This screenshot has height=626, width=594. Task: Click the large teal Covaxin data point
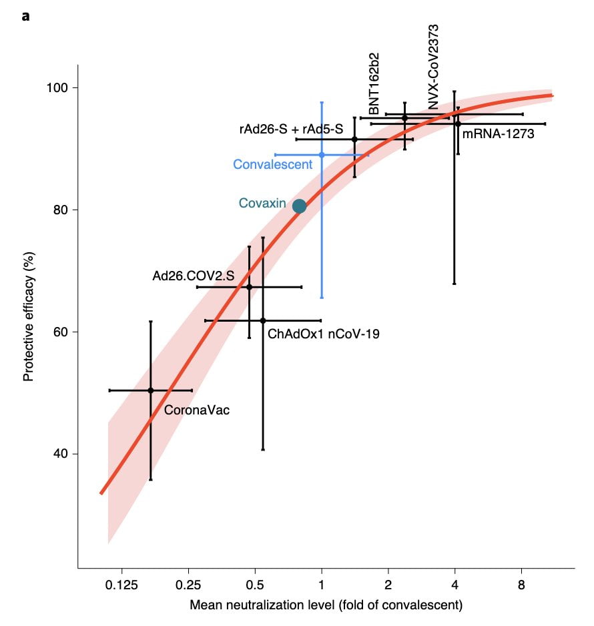[299, 206]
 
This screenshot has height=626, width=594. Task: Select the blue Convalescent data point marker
[322, 155]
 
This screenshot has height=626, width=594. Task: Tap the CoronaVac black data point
[151, 390]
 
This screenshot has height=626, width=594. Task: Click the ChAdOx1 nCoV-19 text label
[323, 334]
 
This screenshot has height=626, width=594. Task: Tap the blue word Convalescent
[272, 164]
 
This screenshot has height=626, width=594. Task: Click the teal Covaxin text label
[262, 203]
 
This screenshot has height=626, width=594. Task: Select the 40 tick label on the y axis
[61, 454]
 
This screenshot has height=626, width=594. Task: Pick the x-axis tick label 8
[521, 585]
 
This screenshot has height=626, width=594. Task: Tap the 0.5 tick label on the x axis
[255, 585]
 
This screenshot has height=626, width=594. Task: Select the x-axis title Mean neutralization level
[326, 606]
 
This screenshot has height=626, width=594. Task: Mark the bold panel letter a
[25, 15]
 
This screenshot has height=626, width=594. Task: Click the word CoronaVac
[196, 410]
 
